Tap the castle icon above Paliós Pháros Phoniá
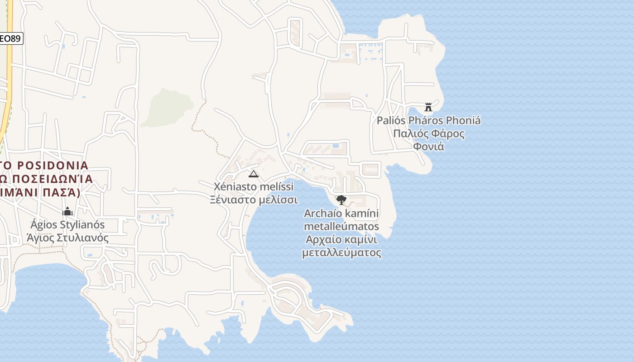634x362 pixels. [428, 107]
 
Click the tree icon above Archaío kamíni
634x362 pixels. [341, 200]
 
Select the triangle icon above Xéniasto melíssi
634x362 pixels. [254, 174]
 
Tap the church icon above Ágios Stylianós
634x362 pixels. [67, 211]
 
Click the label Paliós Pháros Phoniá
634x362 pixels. [428, 120]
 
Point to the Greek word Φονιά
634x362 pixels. [428, 147]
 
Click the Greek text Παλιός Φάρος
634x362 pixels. [428, 133]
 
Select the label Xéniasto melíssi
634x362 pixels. [254, 186]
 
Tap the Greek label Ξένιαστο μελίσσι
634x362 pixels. [254, 200]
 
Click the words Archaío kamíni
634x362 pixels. [341, 213]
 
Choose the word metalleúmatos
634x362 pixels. [341, 226]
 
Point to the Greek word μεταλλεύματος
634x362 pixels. [341, 252]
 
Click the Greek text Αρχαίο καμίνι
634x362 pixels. [341, 239]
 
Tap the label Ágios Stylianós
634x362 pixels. [67, 224]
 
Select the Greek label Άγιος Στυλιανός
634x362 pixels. [67, 238]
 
